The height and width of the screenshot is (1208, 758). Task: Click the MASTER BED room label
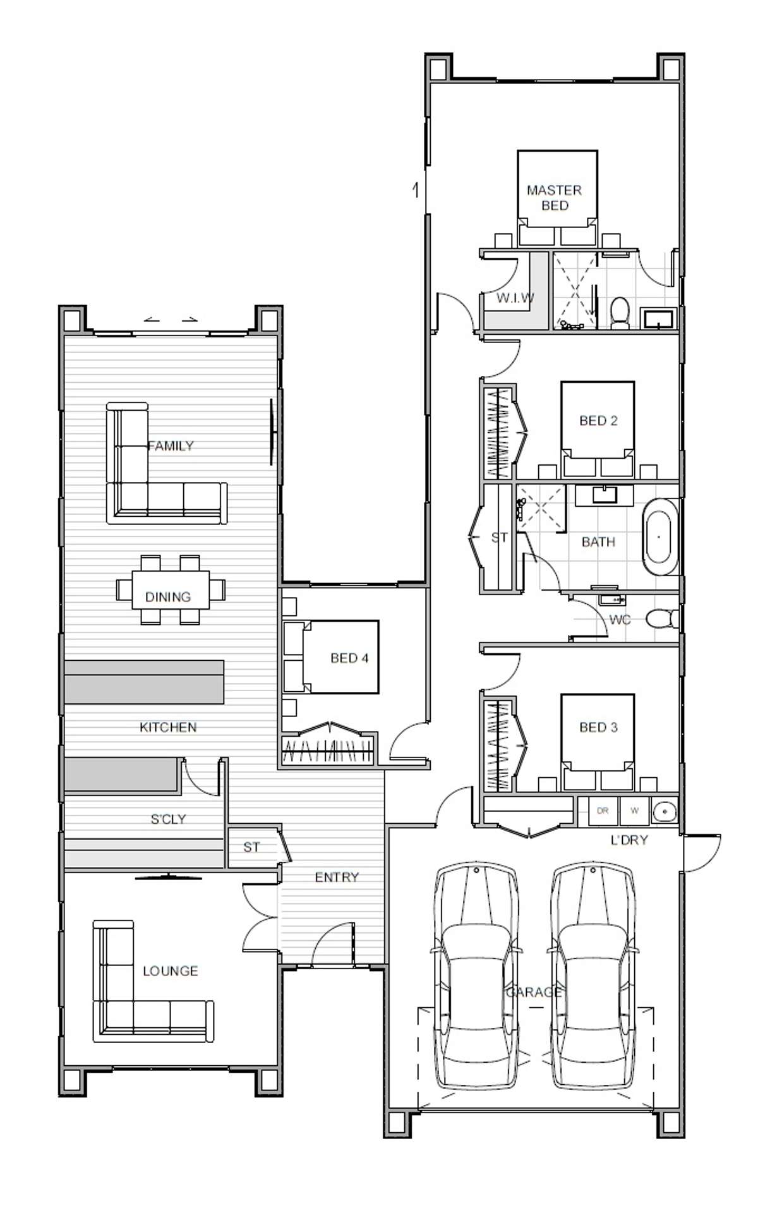pyautogui.click(x=554, y=198)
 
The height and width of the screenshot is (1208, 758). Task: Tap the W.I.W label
pyautogui.click(x=515, y=298)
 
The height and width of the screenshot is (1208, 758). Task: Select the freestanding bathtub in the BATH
pyautogui.click(x=659, y=536)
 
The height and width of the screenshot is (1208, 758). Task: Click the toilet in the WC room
pyautogui.click(x=661, y=619)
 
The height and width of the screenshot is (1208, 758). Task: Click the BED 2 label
pyautogui.click(x=598, y=421)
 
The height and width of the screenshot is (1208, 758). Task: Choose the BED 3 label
pyautogui.click(x=598, y=727)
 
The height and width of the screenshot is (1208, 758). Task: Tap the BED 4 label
pyautogui.click(x=349, y=658)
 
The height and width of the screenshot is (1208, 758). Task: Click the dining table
pyautogui.click(x=170, y=590)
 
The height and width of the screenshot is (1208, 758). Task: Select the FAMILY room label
pyautogui.click(x=171, y=446)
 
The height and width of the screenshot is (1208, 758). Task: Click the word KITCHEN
pyautogui.click(x=168, y=727)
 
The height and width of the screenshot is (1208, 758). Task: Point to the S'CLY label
pyautogui.click(x=168, y=819)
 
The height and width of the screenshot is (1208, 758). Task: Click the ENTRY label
pyautogui.click(x=337, y=877)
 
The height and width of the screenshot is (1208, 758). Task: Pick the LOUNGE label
pyautogui.click(x=170, y=971)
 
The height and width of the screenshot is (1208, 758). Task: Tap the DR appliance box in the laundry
pyautogui.click(x=603, y=811)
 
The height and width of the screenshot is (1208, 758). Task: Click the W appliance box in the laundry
pyautogui.click(x=634, y=811)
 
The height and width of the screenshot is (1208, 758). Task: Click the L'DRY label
pyautogui.click(x=629, y=840)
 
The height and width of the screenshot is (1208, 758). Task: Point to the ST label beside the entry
pyautogui.click(x=251, y=847)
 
